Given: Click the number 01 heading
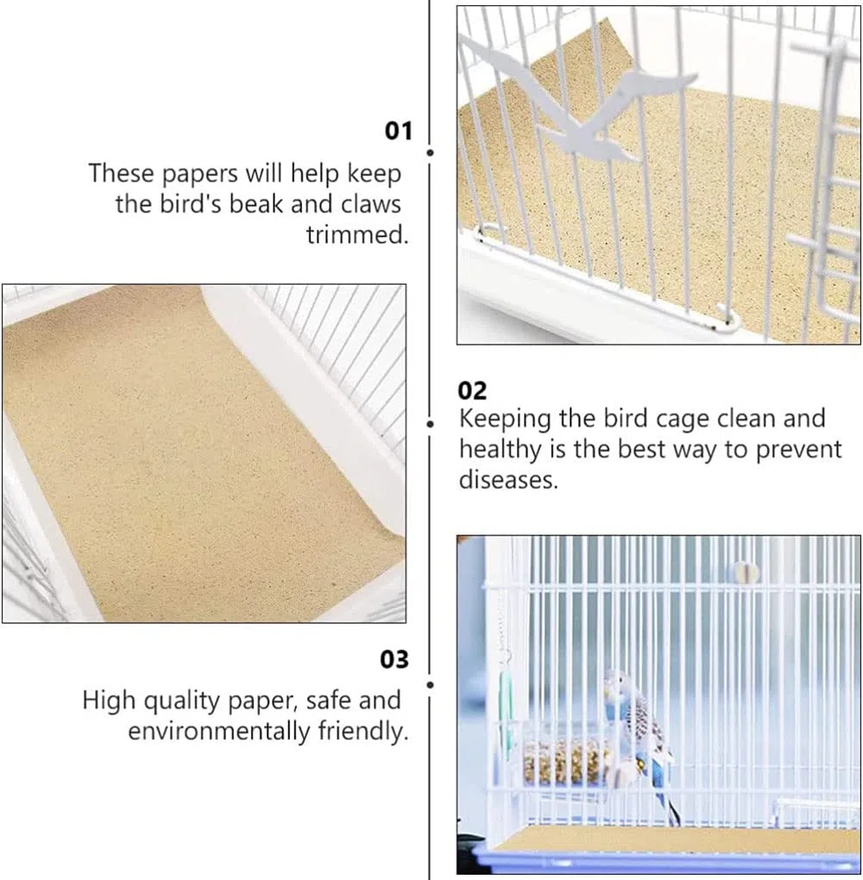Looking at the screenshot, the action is tap(398, 130).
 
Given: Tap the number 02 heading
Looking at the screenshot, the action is tap(472, 390).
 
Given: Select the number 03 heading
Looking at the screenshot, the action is tap(394, 660).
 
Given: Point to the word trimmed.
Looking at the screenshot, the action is tap(357, 235).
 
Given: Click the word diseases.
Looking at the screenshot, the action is tap(508, 480).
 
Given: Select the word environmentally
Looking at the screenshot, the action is tap(218, 731).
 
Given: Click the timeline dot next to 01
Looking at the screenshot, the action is tap(430, 153).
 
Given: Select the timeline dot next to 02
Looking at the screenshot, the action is tap(430, 424).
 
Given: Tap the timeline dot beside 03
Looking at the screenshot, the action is tap(430, 685).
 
